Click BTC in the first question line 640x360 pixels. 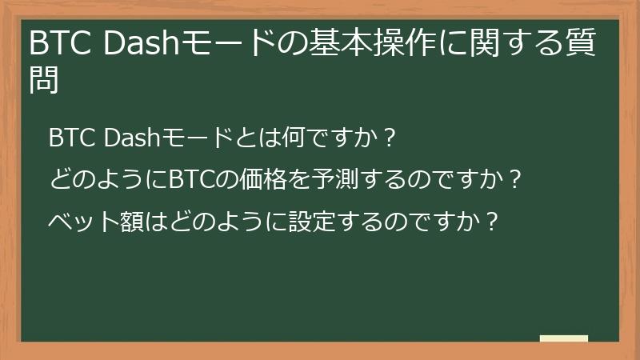[71, 138]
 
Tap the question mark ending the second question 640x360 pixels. [516, 178]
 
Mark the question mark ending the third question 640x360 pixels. [493, 218]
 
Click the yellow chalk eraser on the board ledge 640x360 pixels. [564, 338]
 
